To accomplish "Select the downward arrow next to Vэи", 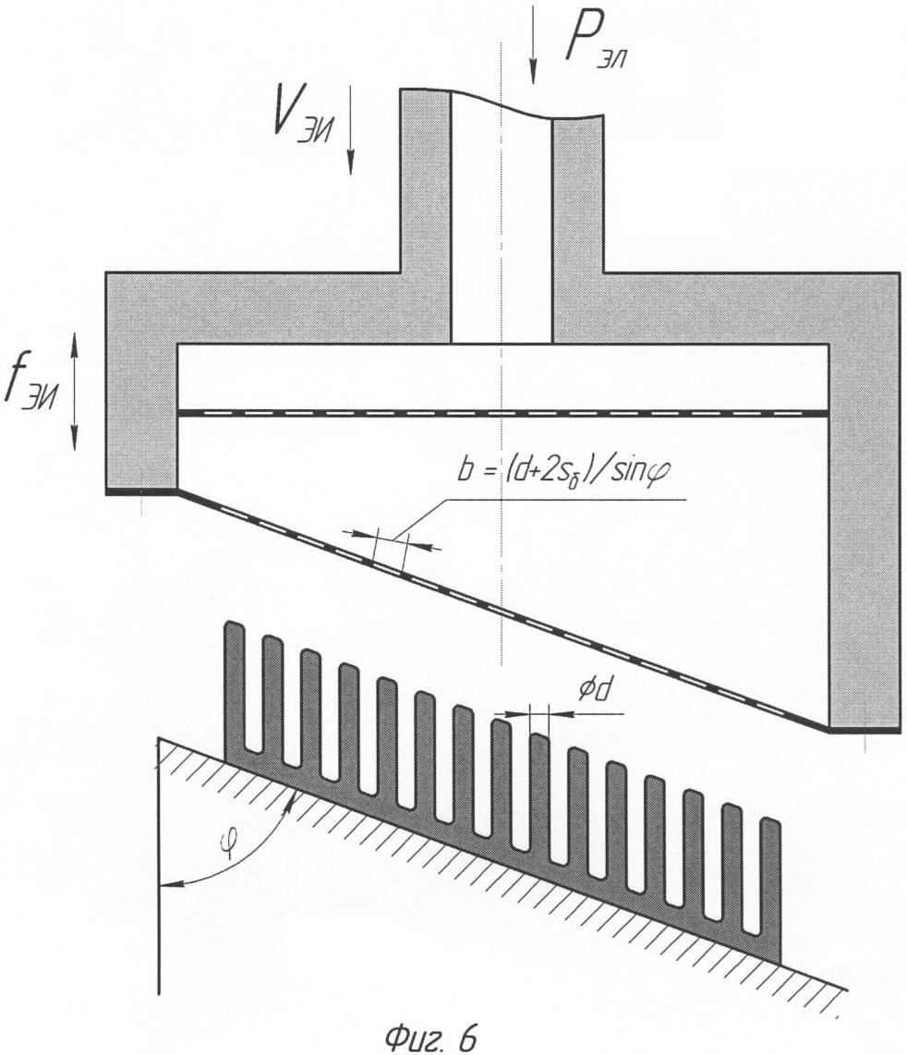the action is pos(350,130).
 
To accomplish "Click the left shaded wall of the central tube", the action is pos(425,215).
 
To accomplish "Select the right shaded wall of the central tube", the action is pos(577,230).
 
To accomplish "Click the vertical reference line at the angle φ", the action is pos(159,866).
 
